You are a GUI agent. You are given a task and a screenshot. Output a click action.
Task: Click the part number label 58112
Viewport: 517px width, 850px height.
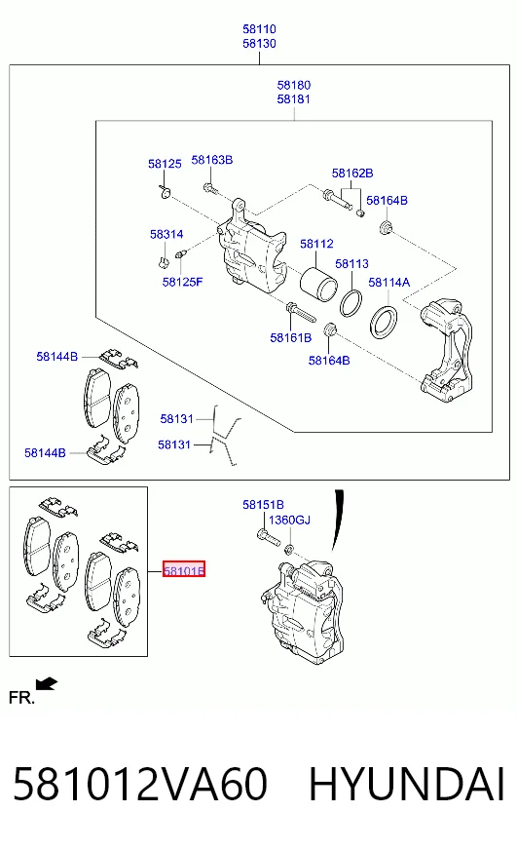click(316, 244)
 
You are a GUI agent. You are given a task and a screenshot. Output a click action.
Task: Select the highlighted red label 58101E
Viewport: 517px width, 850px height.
click(184, 569)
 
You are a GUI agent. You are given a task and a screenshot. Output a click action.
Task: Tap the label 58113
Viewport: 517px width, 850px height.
click(351, 264)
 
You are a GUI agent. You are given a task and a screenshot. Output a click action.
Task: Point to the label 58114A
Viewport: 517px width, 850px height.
click(389, 283)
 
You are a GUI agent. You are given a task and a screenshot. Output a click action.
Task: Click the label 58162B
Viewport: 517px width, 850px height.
click(352, 174)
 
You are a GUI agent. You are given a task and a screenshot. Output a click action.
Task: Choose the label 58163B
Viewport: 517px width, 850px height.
click(212, 160)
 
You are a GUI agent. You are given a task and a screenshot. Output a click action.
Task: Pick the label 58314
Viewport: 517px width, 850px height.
click(166, 234)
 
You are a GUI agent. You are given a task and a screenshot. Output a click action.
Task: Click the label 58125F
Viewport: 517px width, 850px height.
click(182, 282)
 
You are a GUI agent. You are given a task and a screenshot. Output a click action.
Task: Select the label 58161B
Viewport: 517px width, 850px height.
click(291, 337)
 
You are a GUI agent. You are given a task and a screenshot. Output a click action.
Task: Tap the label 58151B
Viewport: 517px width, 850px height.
click(263, 505)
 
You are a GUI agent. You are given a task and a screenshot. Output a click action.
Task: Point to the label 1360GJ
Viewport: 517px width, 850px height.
click(289, 521)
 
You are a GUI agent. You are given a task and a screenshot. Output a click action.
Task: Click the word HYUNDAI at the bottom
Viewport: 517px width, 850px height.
click(407, 784)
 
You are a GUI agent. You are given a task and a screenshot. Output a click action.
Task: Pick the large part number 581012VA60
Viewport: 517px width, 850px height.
click(140, 784)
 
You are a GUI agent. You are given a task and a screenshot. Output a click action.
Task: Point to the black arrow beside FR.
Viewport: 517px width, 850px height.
click(47, 684)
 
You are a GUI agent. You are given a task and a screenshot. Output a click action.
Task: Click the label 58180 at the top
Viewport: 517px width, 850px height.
click(294, 85)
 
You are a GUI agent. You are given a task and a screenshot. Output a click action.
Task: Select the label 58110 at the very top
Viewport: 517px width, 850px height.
click(259, 29)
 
